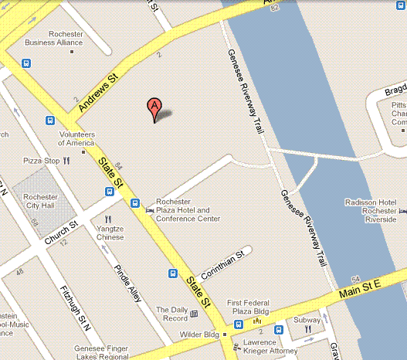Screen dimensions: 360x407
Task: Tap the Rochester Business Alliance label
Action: pyautogui.click(x=54, y=39)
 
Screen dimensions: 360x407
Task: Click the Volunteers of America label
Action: pyautogui.click(x=76, y=138)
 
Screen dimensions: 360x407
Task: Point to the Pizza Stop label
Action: pyautogui.click(x=42, y=161)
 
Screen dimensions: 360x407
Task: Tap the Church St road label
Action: pyautogui.click(x=61, y=235)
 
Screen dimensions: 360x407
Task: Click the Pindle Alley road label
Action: pyautogui.click(x=127, y=282)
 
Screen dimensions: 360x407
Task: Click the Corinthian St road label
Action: pyautogui.click(x=222, y=264)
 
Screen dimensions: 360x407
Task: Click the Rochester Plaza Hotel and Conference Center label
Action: pyautogui.click(x=188, y=210)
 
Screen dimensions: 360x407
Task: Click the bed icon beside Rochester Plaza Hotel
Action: pyautogui.click(x=150, y=205)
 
